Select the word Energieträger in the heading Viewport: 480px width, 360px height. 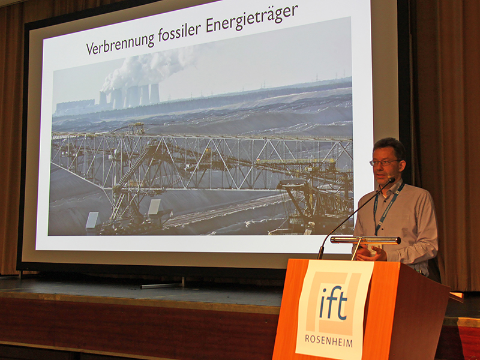coord(253,23)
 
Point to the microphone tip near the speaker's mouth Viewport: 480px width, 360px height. coord(391,179)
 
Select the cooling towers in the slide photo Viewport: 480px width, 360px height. coord(130,97)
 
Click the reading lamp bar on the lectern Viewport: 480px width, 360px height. coord(365,240)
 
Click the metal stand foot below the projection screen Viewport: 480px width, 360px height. coord(161,285)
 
